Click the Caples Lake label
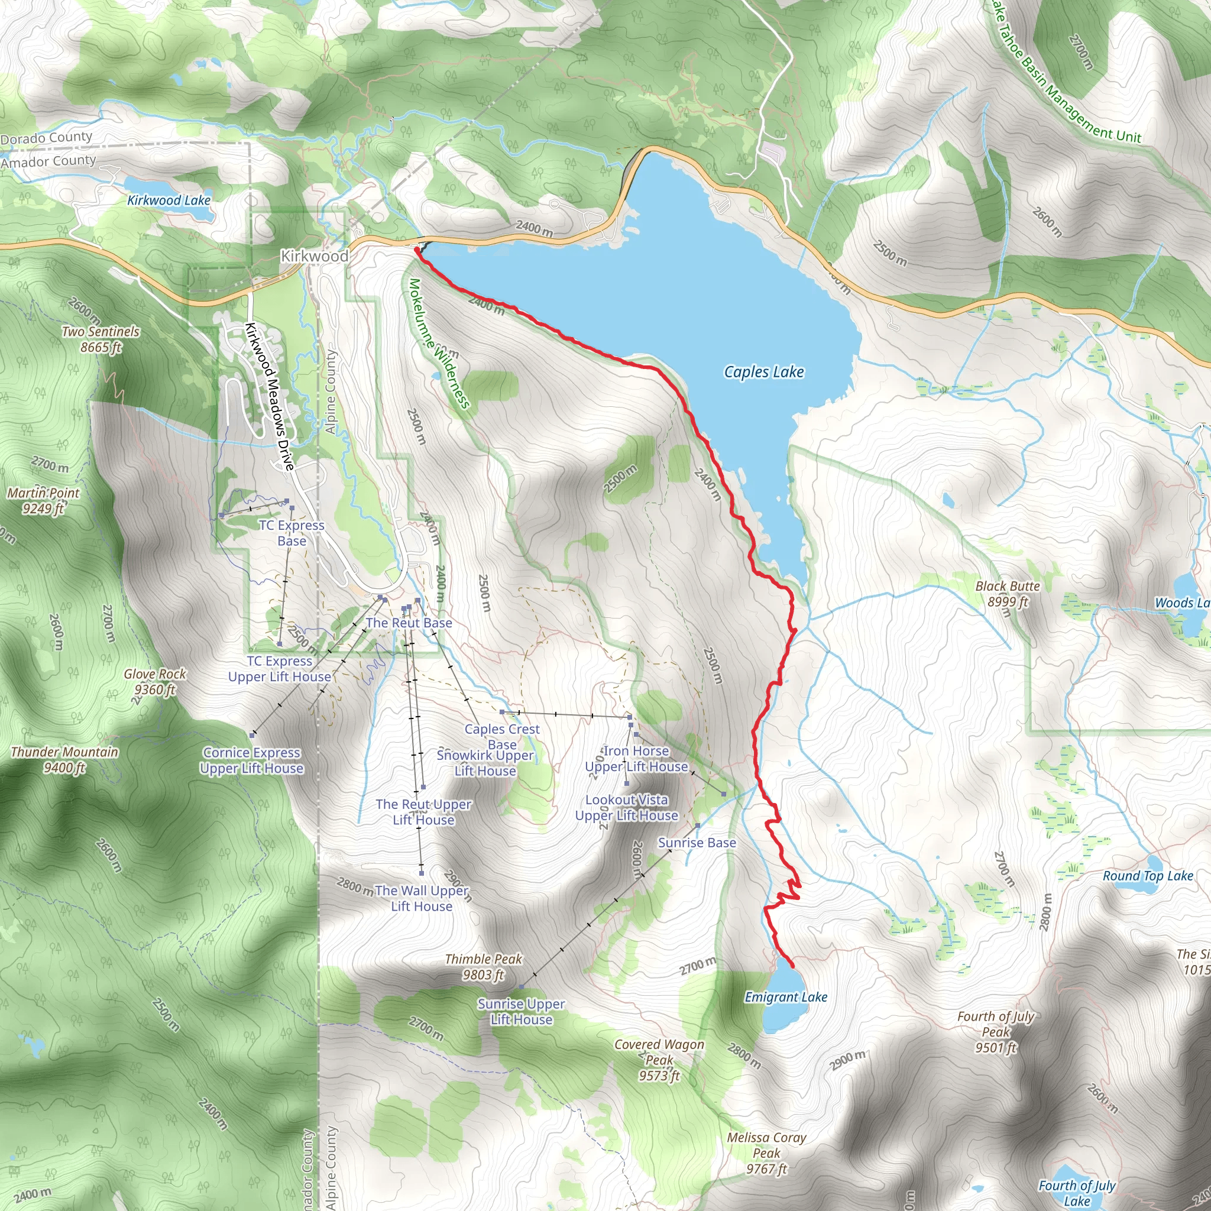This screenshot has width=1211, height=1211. pos(763,372)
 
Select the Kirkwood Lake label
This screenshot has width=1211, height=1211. pos(169,200)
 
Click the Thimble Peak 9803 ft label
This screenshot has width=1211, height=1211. pos(483,967)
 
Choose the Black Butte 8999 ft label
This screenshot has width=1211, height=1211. pos(1007,594)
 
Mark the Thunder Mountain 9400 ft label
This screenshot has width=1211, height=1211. pos(64,759)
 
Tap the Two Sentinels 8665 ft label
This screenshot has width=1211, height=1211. pos(101,338)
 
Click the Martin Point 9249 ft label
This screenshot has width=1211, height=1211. pos(43,500)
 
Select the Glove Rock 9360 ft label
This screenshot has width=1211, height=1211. pos(155,681)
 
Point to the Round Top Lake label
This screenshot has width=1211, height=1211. pos(1148,876)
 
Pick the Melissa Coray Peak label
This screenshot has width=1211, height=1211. pos(766,1152)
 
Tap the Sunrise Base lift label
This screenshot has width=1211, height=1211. pos(697,843)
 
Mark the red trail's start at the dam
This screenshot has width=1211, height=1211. pos(417,250)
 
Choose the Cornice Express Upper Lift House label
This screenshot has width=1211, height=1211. pos(251,760)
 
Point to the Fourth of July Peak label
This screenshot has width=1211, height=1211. pos(995,1032)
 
